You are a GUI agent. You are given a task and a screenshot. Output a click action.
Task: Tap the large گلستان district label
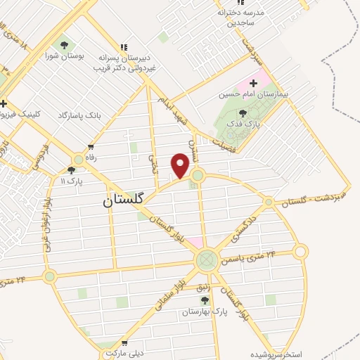(123, 200)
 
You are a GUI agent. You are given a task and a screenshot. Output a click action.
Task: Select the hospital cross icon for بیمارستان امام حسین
(253, 84)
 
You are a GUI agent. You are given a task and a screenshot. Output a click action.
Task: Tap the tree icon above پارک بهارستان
(205, 300)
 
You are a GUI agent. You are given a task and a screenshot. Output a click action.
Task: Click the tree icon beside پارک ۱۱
(72, 169)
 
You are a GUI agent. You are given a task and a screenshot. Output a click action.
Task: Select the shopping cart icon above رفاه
(91, 147)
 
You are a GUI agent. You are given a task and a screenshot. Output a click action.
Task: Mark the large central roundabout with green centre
(206, 261)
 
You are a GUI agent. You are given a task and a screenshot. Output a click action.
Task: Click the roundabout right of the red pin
(198, 175)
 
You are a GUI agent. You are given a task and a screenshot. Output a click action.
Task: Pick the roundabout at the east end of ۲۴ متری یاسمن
(301, 251)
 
